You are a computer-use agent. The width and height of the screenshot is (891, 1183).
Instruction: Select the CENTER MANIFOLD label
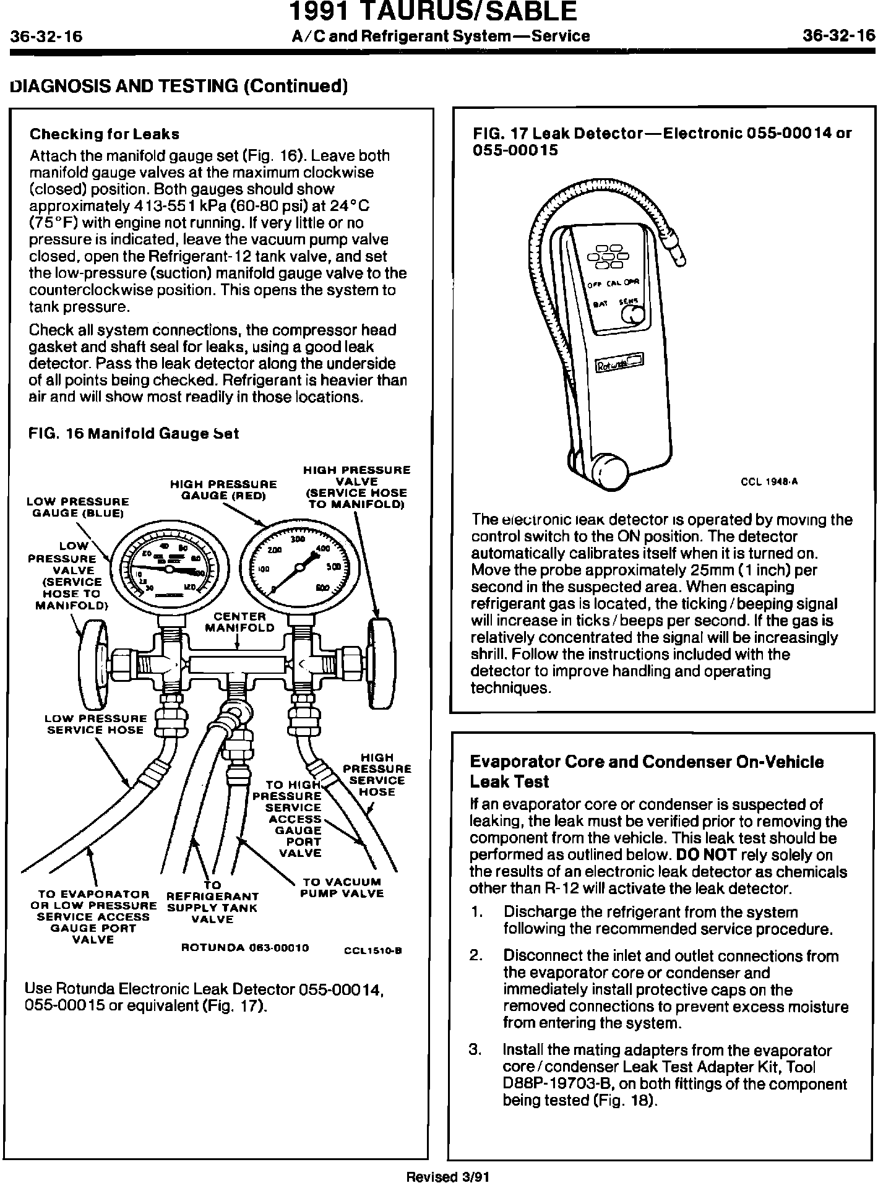239,622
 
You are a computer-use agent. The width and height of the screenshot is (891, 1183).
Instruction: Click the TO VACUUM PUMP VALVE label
342,887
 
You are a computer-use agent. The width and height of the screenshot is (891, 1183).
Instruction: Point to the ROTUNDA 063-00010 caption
245,948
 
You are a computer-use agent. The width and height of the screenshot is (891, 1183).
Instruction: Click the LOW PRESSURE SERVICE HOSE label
96,724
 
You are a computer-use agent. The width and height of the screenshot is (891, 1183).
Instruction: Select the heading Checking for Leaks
105,134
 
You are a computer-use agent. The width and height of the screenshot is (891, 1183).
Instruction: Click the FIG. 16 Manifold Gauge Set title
134,433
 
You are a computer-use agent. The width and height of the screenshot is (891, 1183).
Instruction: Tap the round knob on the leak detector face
632,316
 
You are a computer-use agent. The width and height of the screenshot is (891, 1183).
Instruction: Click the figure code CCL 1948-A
769,482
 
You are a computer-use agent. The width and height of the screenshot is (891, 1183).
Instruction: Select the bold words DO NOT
706,855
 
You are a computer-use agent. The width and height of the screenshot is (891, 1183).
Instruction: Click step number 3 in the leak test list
475,1050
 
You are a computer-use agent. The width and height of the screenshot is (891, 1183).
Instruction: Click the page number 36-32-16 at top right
838,36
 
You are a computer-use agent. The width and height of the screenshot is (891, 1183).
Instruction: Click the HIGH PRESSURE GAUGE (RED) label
223,489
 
